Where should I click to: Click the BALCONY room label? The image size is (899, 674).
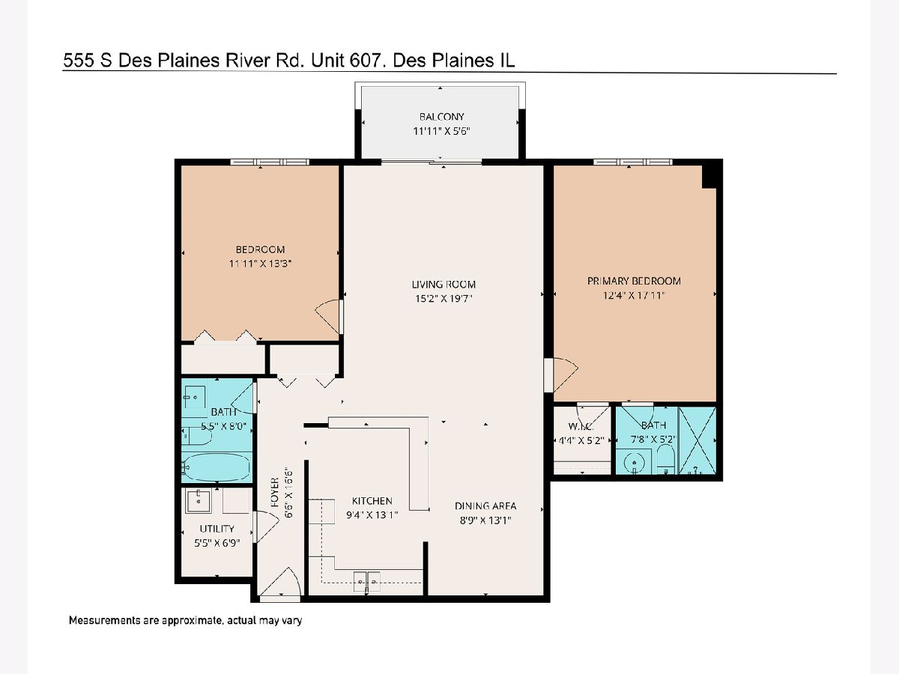coord(441,117)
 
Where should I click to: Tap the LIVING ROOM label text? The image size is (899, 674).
coord(444,285)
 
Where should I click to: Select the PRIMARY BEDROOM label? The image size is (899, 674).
coord(634,281)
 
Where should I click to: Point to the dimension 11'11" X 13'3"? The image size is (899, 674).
coord(260,264)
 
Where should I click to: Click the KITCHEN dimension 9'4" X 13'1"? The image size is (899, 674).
coord(372,514)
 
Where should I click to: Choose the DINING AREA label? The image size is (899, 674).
coord(485,506)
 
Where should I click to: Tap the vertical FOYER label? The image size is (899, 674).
coord(275,492)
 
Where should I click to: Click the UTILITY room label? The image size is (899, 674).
coord(217,529)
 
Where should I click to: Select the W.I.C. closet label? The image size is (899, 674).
coord(581,427)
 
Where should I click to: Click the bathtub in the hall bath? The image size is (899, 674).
coord(216,467)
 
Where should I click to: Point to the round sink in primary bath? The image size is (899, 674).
coord(634,463)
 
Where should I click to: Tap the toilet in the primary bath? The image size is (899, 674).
coord(665,458)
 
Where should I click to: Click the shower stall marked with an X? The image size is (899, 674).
coord(697,441)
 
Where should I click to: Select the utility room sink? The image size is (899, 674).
coord(199,501)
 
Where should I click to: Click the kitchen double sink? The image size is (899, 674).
coord(366,582)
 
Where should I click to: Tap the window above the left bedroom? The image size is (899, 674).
coord(270,162)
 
